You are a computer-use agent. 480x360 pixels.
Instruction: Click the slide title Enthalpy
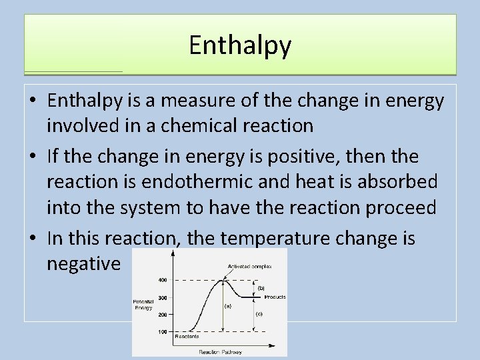(x=240, y=45)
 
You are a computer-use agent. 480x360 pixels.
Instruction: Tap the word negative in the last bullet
(x=84, y=264)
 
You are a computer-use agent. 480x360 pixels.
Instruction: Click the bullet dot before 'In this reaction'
(x=33, y=239)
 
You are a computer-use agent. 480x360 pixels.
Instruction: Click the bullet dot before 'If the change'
(x=33, y=157)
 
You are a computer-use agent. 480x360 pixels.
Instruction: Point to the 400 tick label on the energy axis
(x=163, y=279)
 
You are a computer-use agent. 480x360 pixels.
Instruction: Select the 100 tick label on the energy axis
(x=163, y=331)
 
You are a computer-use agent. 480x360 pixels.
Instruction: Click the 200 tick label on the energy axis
(x=163, y=314)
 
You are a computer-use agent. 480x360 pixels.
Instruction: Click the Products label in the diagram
(x=275, y=297)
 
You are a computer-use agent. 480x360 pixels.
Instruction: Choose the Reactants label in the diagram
(x=187, y=337)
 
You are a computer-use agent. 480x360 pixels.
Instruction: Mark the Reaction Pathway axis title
(x=220, y=351)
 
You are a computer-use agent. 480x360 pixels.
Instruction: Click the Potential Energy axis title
(x=144, y=305)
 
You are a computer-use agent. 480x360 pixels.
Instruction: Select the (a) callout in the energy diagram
(x=227, y=307)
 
